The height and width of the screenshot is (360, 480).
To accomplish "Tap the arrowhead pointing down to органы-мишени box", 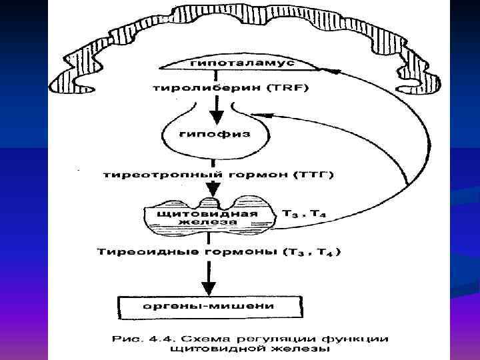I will point(208,288).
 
